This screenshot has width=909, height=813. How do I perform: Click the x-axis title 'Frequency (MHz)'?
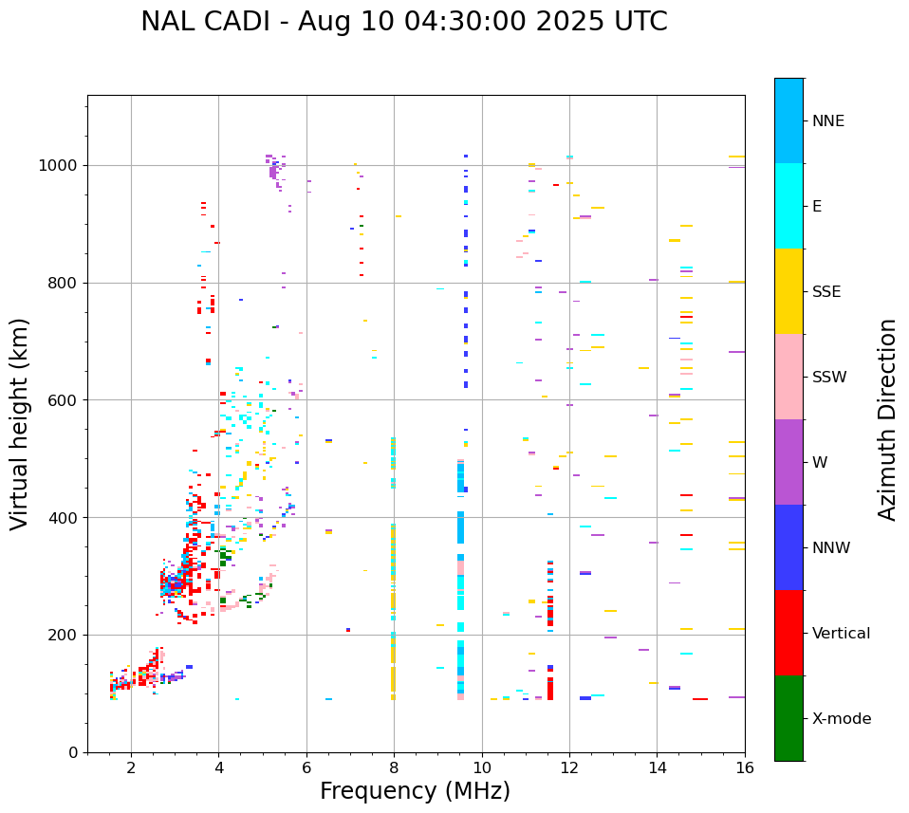415,791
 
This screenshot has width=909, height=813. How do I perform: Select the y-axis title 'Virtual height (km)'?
21,424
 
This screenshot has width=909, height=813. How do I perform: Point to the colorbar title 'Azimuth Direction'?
887,419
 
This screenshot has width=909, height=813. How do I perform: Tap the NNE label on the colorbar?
827,121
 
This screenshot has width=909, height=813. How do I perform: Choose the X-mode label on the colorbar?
841,719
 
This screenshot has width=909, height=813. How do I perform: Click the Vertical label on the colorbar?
841,634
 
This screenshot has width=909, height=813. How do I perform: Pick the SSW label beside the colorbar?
829,378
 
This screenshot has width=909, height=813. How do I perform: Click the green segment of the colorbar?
788,718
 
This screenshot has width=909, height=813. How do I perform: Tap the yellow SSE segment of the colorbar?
788,291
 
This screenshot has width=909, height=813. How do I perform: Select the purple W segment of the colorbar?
788,462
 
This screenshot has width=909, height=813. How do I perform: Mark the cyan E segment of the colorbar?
788,206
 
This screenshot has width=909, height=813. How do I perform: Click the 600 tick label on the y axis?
66,400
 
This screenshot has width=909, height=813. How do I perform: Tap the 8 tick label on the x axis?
394,767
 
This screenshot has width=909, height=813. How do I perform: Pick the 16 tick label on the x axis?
745,767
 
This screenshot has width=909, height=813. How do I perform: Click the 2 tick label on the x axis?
131,767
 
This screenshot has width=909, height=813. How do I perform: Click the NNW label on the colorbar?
831,548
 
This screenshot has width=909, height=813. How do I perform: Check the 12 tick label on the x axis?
569,767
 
